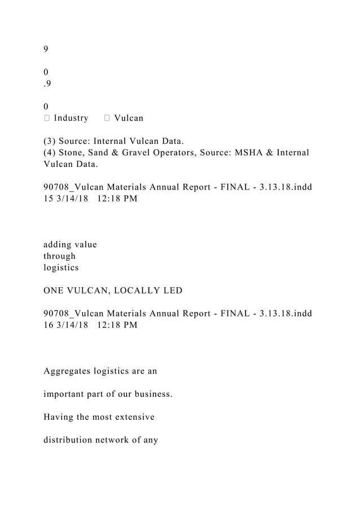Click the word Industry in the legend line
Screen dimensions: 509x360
pos(71,119)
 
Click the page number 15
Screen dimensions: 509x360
pos(48,199)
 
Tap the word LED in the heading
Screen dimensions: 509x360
pos(172,291)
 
